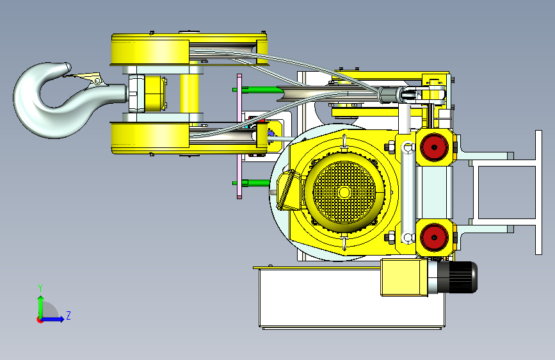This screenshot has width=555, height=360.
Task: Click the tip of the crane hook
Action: pyautogui.click(x=67, y=67)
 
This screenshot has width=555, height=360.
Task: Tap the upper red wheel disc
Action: pyautogui.click(x=434, y=147)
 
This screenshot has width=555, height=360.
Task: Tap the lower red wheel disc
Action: pyautogui.click(x=434, y=237)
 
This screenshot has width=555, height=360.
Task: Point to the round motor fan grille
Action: pyautogui.click(x=344, y=192)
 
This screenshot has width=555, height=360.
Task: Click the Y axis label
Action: pyautogui.click(x=40, y=288)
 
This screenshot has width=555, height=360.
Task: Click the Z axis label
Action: pyautogui.click(x=68, y=315)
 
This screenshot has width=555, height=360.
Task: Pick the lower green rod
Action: pyautogui.click(x=252, y=183)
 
